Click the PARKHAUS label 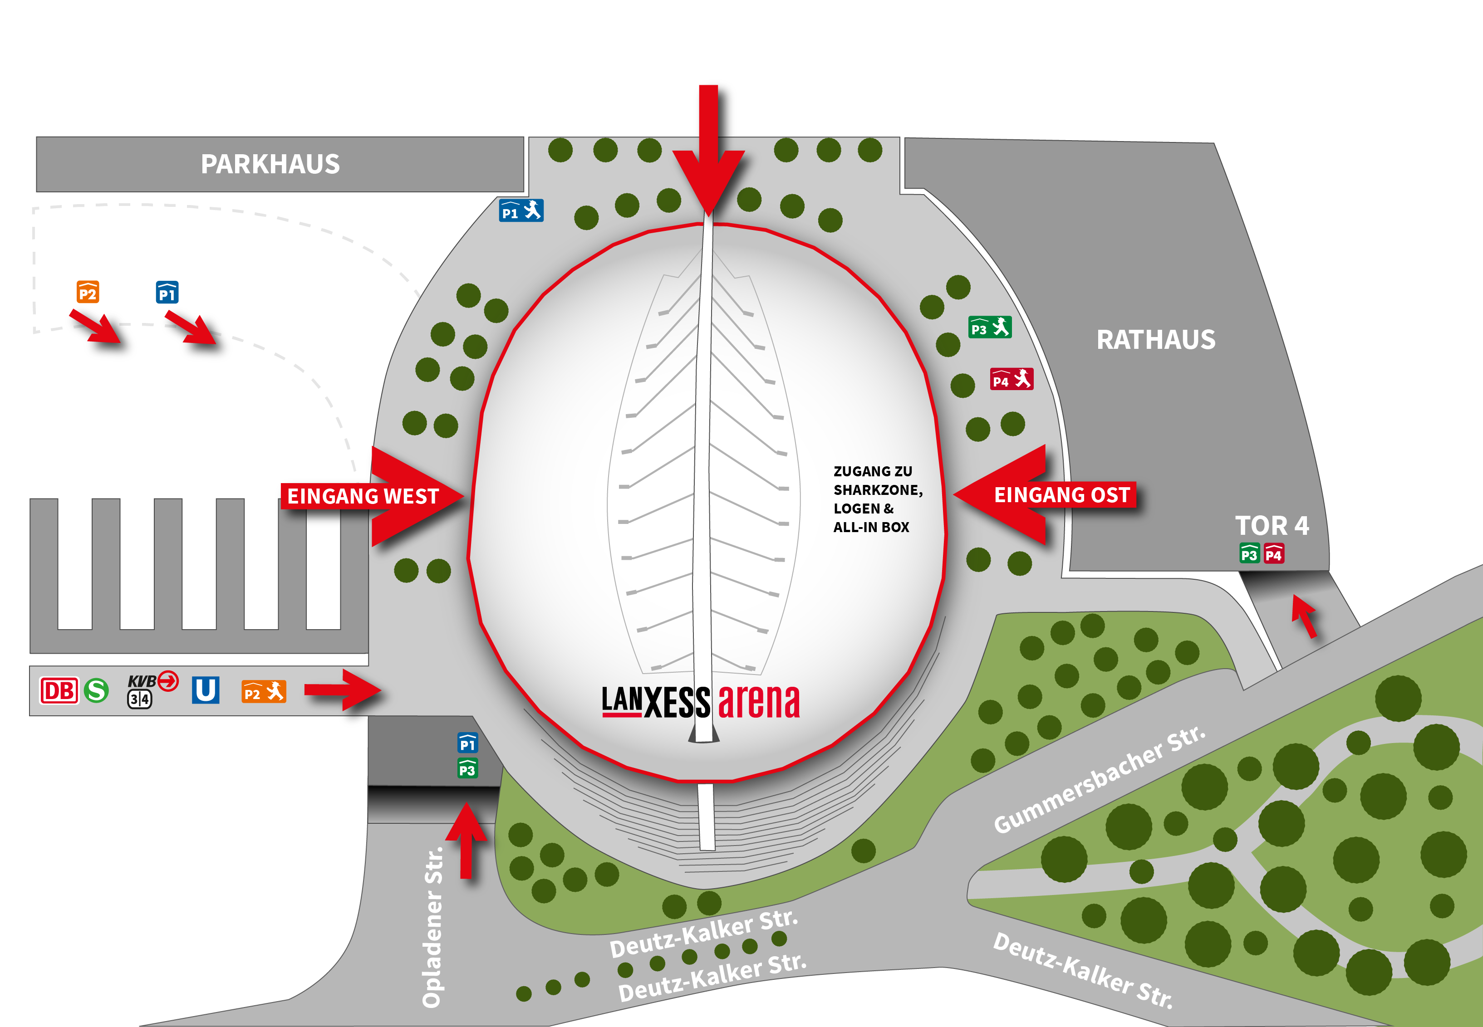(x=270, y=164)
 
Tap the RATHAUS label (x=1156, y=340)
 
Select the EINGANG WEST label (x=363, y=496)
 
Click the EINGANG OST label (x=1062, y=495)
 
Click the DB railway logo (x=59, y=691)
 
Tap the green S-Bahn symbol (x=97, y=691)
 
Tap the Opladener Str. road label (x=432, y=927)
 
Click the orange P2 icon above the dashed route (x=88, y=293)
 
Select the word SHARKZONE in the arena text (x=877, y=490)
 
